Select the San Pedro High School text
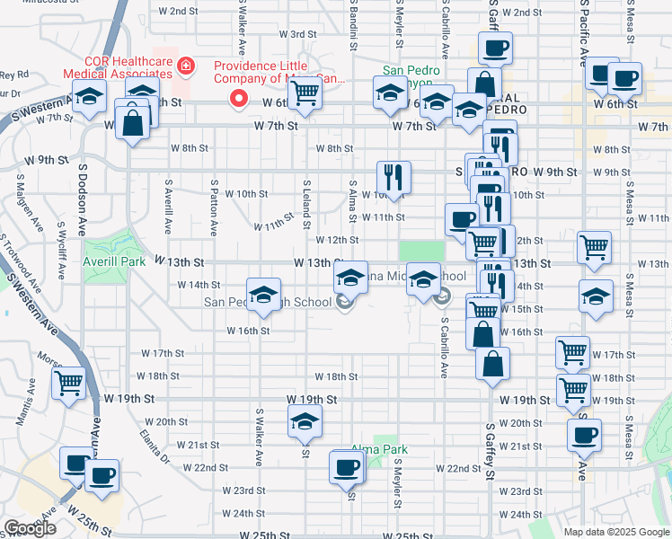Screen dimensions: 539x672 (x=267, y=302)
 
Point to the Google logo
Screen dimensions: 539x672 (x=30, y=528)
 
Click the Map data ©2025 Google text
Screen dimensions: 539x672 (x=616, y=531)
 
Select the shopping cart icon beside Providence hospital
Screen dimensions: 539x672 (x=305, y=92)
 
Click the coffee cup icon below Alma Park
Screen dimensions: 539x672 (x=346, y=468)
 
